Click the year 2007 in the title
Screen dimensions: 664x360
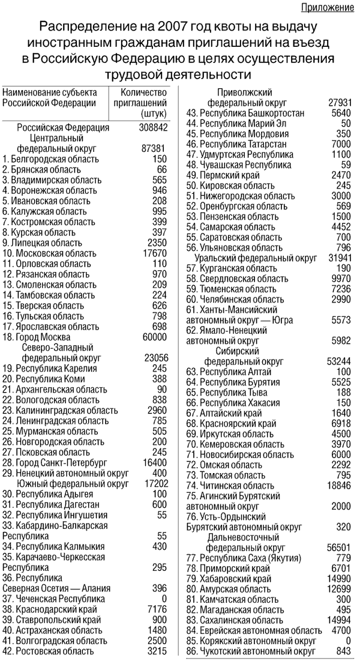coord(175,28)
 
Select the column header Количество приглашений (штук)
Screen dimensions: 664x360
coord(143,102)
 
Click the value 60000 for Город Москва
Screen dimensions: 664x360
coord(154,337)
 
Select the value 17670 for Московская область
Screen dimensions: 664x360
coord(154,253)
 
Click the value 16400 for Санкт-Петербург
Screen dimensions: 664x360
coord(154,463)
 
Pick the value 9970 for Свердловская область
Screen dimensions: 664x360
coord(340,279)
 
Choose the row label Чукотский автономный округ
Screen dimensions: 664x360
coord(251,651)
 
